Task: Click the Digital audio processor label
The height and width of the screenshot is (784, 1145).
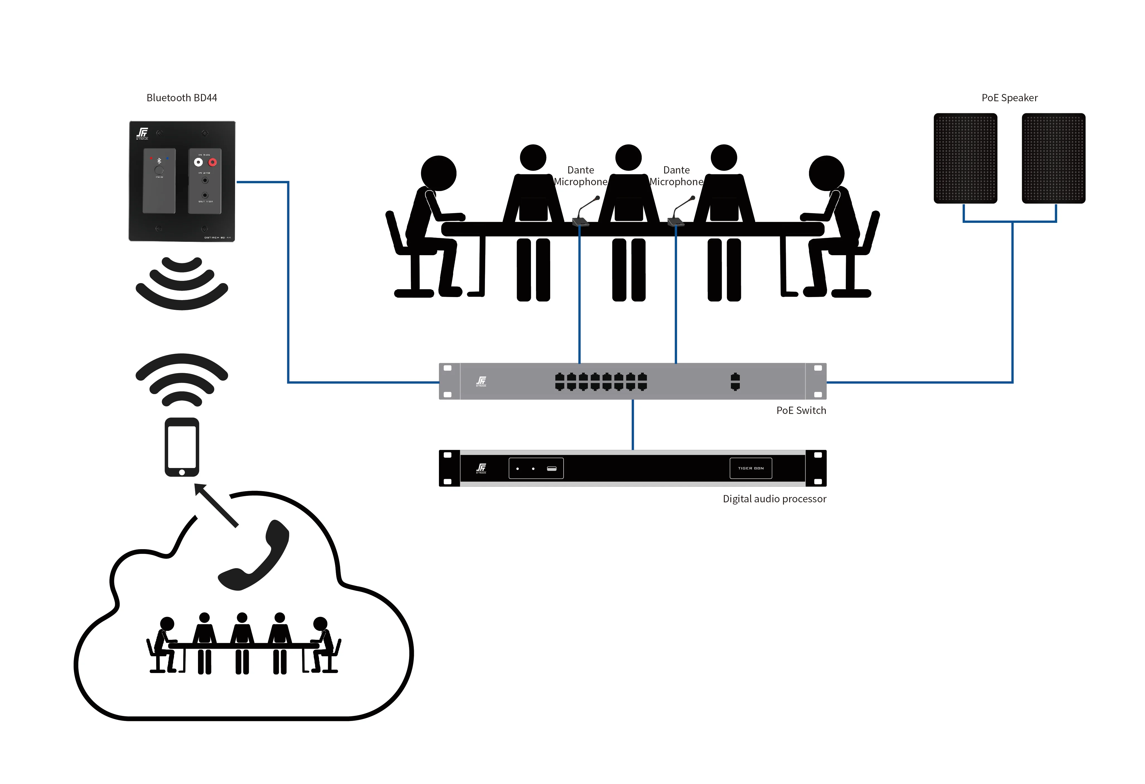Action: [x=774, y=499]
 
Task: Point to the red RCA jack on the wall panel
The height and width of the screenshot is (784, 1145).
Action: [x=212, y=162]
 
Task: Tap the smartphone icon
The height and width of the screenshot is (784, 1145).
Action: [x=182, y=447]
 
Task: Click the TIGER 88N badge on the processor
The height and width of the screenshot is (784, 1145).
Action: [x=750, y=468]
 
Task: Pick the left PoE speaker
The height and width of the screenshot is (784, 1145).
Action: [x=965, y=158]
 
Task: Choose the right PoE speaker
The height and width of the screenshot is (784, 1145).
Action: [x=1053, y=158]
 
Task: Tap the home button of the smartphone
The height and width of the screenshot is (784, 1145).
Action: [x=182, y=472]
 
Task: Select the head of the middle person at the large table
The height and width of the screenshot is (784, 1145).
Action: [x=628, y=158]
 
